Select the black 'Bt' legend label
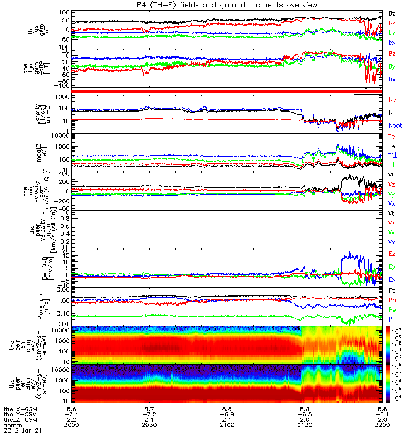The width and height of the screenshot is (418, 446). pos(392,12)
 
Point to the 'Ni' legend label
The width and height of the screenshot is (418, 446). pos(392,112)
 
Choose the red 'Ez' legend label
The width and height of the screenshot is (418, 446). pos(392,254)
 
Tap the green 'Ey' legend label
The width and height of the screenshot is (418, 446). pos(392,266)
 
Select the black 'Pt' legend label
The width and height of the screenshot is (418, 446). pos(392,292)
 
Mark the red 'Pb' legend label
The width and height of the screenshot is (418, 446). pos(392,300)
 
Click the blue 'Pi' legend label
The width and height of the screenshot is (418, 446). pos(392,318)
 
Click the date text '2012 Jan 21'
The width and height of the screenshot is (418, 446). pos(22,431)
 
